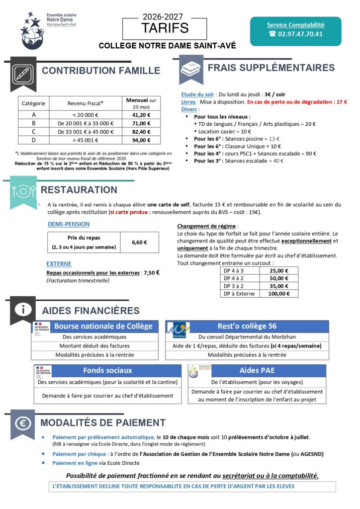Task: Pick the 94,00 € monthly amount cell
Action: coord(141,141)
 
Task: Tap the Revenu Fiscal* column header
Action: coord(86,103)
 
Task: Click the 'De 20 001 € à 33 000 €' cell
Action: coord(86,123)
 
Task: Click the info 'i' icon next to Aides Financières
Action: coord(22,309)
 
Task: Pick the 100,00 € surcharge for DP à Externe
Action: coord(279,293)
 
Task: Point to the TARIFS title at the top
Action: coord(166,28)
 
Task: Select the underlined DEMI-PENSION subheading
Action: coord(69,224)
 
